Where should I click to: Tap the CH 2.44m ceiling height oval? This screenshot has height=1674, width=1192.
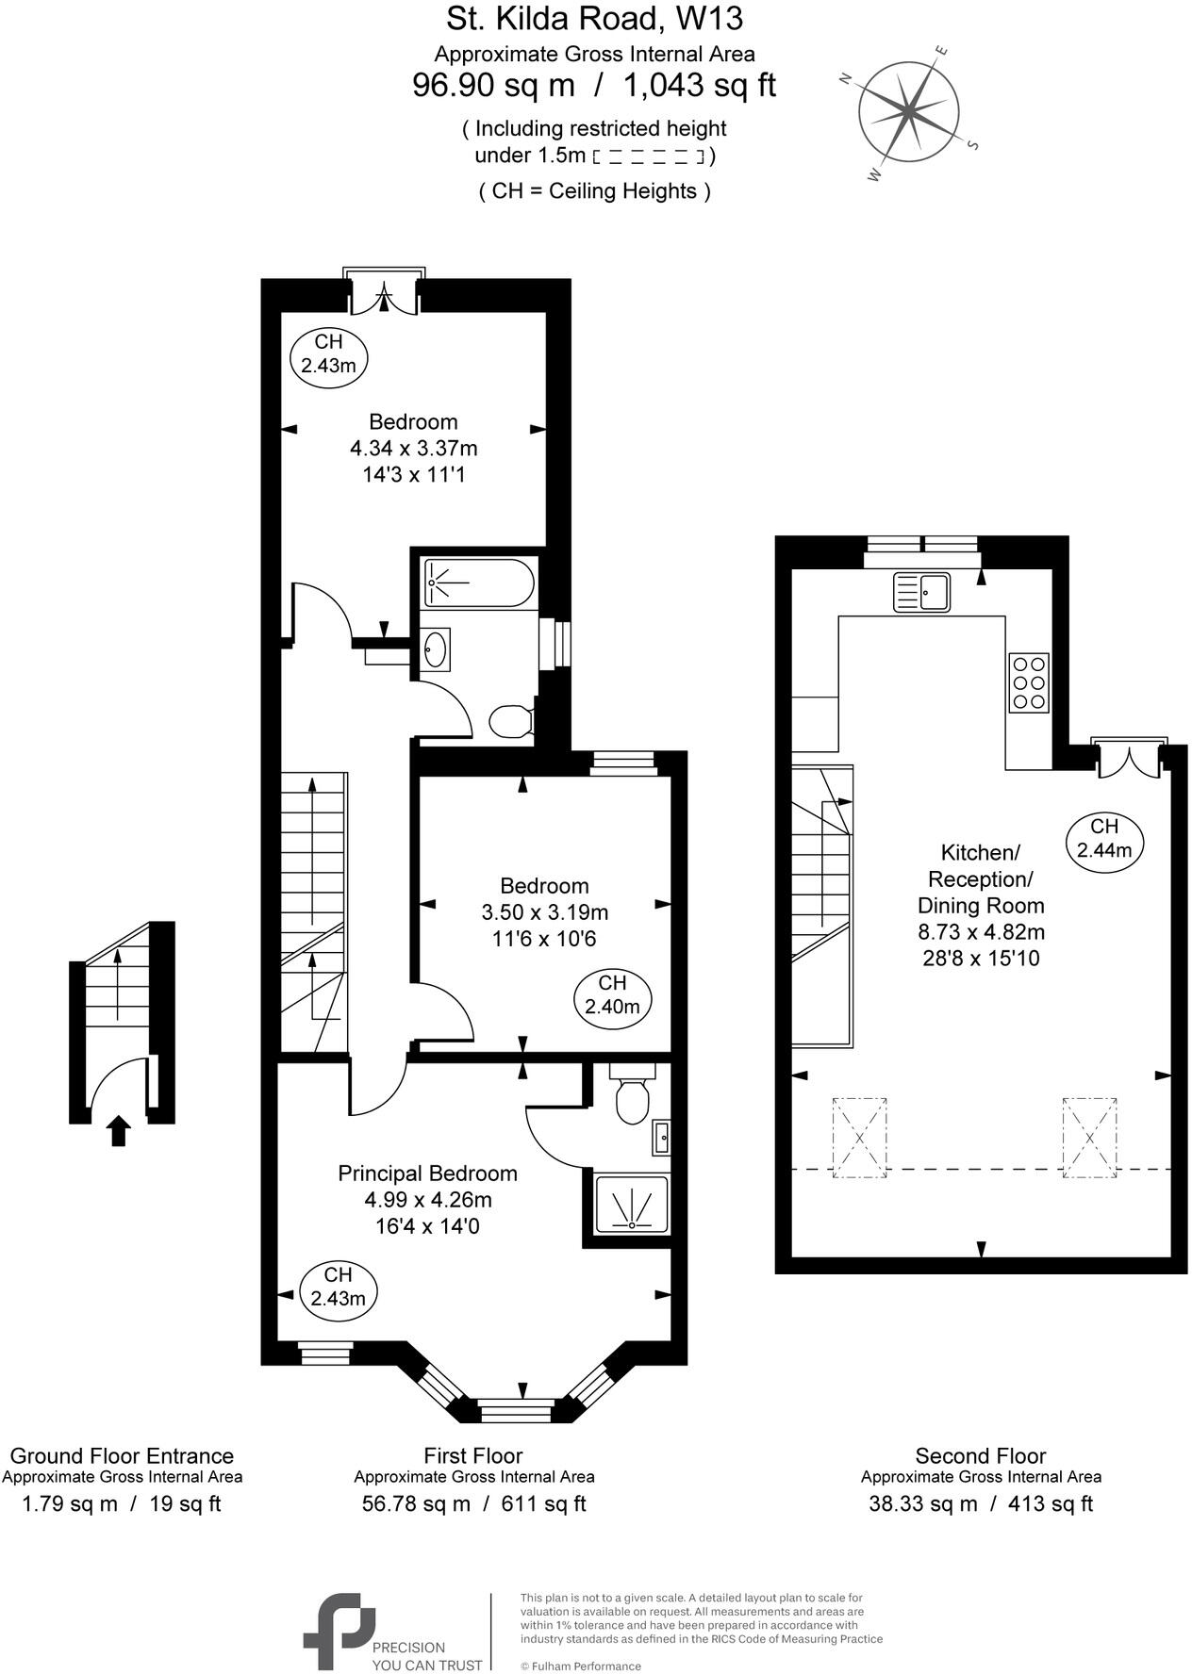pos(1104,838)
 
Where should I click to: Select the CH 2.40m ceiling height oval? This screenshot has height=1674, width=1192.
pos(612,994)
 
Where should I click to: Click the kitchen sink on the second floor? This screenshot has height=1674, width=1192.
pos(922,593)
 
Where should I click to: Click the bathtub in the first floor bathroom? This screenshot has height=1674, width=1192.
pos(479,583)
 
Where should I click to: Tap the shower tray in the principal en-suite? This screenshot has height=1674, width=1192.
pos(632,1204)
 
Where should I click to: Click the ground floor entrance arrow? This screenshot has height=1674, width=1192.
pos(118,1129)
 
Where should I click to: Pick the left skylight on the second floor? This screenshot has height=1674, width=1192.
pos(859,1138)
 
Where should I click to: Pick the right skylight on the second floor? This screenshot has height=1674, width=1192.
pos(1089,1138)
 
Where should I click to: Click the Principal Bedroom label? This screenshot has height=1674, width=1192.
pos(427,1173)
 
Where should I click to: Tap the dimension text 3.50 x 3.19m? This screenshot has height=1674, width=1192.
pos(544,911)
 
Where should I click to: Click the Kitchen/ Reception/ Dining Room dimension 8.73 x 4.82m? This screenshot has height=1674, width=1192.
pos(981,932)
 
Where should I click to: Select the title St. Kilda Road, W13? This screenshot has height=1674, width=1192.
pos(594,18)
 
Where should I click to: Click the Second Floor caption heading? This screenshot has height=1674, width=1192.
pos(981,1455)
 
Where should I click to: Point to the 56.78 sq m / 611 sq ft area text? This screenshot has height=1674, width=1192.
pos(473,1503)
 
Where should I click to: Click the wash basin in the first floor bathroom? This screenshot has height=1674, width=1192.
pos(435,648)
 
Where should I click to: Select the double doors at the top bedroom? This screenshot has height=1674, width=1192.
pos(384,294)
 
